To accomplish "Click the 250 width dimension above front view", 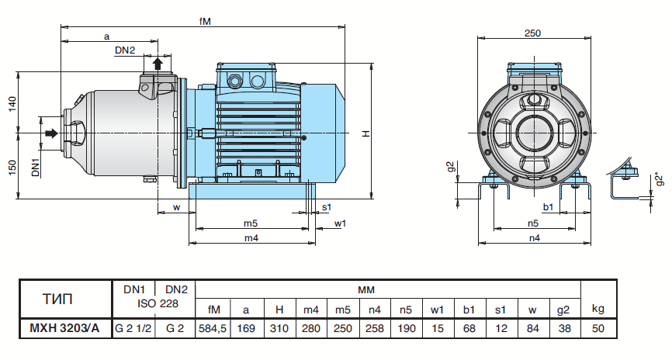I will pos(532,33).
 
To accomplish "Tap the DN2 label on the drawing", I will pos(125,50).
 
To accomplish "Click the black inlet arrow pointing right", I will pos(50,134).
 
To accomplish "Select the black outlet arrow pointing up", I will pos(158,63).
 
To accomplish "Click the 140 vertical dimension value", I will pos(12,104).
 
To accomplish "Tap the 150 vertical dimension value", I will pos(12,168).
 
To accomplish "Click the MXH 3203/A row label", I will pos(65,328).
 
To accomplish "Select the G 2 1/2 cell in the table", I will pos(133,328).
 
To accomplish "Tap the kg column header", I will pos(597,308).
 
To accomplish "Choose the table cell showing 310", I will pos(279,328).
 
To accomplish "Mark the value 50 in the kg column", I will pos(597,328).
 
